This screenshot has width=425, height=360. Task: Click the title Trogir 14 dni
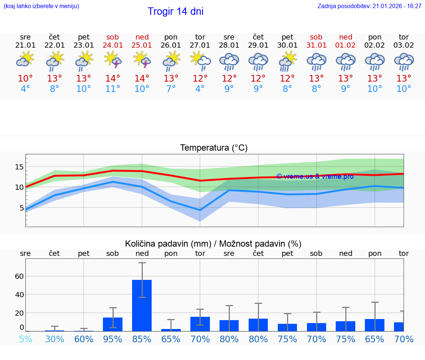click(x=175, y=11)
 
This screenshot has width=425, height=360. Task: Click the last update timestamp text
click(x=369, y=6)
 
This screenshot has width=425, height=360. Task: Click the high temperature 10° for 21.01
click(x=25, y=79)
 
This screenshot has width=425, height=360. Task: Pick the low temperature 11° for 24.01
click(x=113, y=89)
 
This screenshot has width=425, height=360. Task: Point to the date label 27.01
click(x=200, y=45)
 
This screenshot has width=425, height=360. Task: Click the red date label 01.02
click(x=346, y=45)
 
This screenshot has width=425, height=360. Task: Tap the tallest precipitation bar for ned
click(x=142, y=305)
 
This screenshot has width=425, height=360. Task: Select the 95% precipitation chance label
click(x=113, y=339)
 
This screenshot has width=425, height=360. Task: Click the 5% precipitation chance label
click(x=25, y=339)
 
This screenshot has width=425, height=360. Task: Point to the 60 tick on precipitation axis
click(x=19, y=276)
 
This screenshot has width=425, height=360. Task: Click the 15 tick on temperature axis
click(x=20, y=167)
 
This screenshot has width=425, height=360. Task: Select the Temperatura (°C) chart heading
click(x=214, y=148)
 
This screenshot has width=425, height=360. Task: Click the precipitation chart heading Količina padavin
click(x=213, y=244)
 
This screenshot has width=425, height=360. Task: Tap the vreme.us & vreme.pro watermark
click(x=315, y=176)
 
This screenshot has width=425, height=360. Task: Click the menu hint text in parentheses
click(x=41, y=6)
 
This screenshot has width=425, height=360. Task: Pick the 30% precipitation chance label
click(x=55, y=339)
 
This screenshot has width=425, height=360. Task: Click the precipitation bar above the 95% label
click(x=113, y=324)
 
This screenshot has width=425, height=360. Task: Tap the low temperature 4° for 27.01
click(x=200, y=89)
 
